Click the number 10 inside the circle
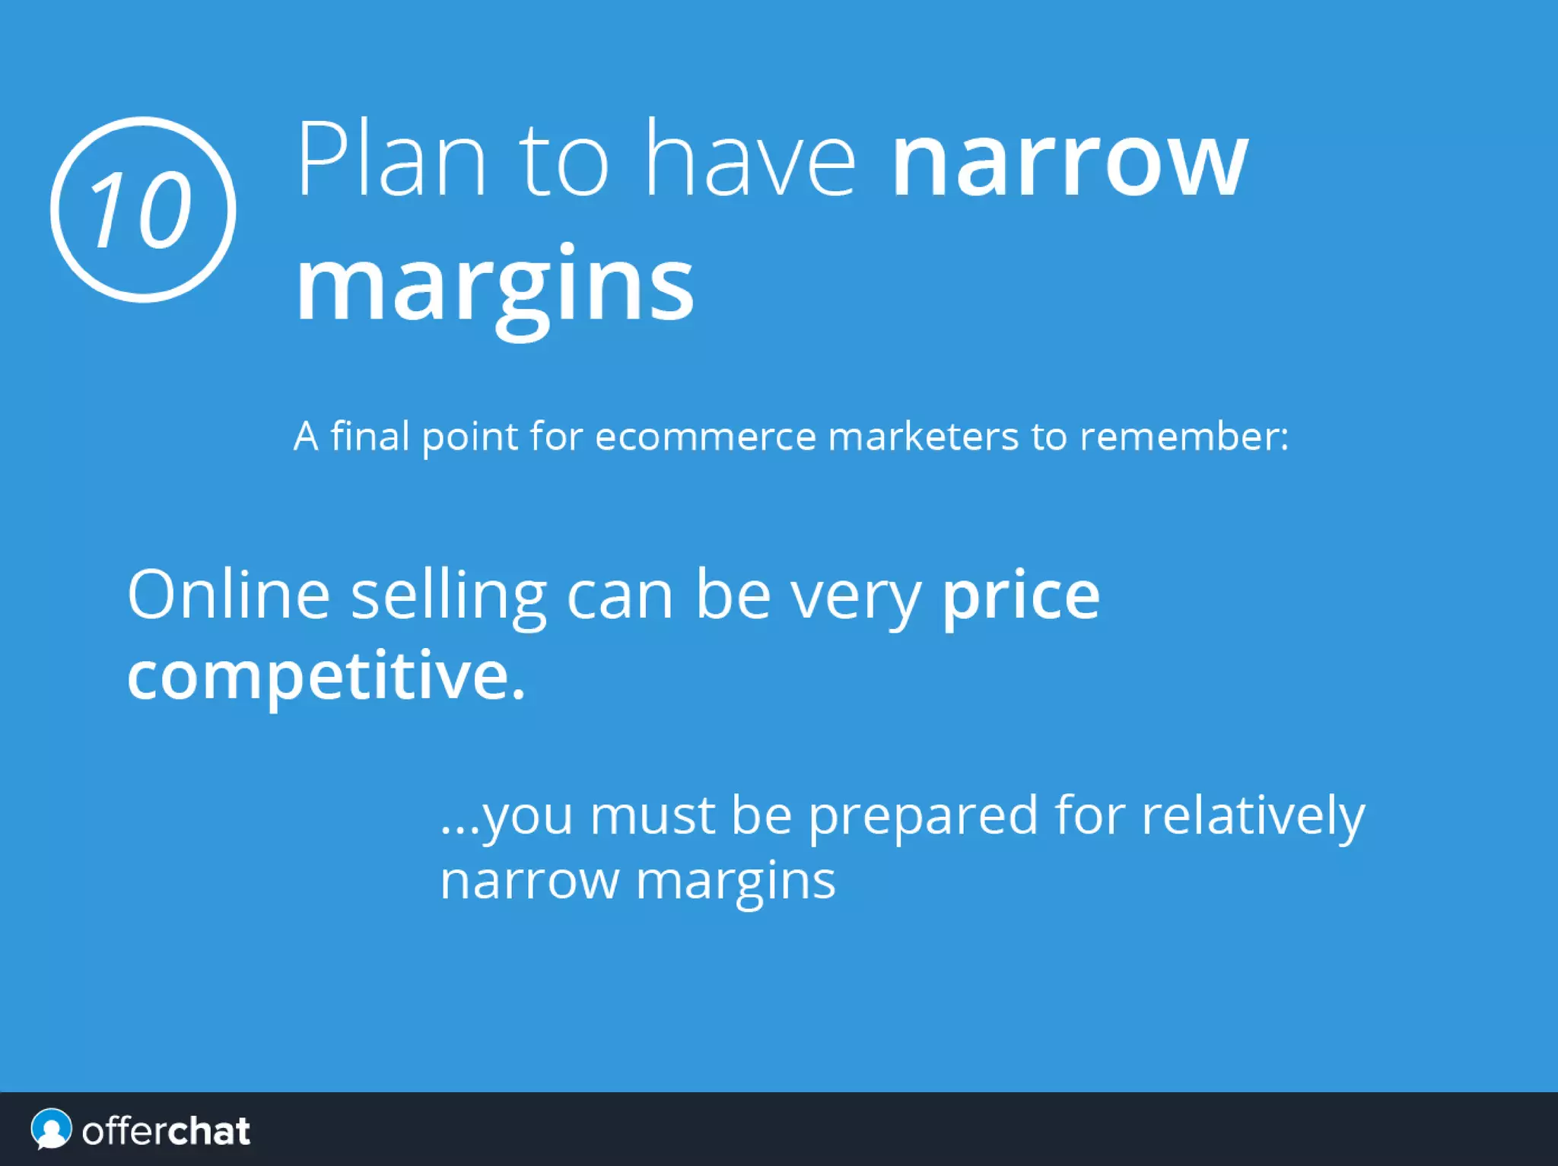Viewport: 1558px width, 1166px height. (141, 209)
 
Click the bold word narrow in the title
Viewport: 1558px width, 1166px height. (1069, 161)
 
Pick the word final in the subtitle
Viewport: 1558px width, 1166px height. (370, 437)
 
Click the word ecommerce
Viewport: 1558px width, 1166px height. (705, 437)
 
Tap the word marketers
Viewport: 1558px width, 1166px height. (923, 437)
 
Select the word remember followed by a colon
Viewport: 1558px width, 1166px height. (1184, 437)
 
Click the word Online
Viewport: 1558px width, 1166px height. (228, 595)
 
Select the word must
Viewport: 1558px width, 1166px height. (653, 815)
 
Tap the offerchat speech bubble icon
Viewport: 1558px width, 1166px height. (51, 1129)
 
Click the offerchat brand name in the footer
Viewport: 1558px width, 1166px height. (166, 1131)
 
